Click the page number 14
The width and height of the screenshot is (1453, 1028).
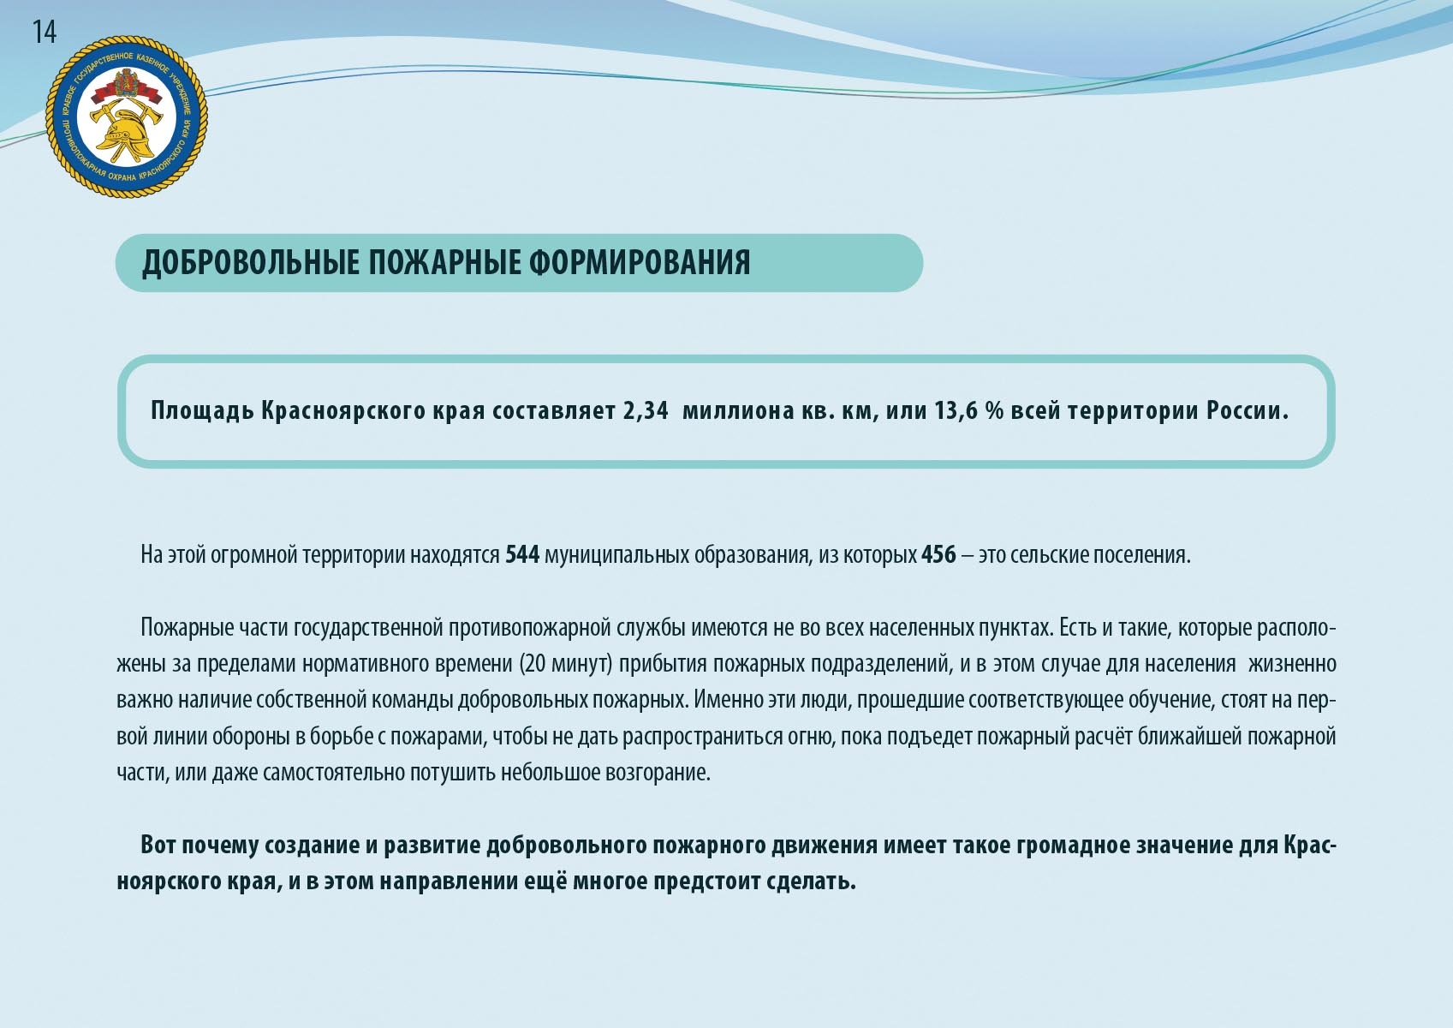click(x=45, y=32)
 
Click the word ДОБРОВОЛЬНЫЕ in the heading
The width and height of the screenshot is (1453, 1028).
click(x=250, y=263)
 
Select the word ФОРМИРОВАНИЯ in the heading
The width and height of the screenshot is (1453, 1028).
click(x=640, y=263)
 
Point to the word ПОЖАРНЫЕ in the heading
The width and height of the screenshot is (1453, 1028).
click(x=444, y=263)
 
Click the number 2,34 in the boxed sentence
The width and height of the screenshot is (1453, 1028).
click(x=646, y=411)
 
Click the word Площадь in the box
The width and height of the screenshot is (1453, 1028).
click(x=202, y=411)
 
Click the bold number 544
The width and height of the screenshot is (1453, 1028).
click(x=522, y=555)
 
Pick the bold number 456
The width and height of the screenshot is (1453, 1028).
click(x=938, y=555)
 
